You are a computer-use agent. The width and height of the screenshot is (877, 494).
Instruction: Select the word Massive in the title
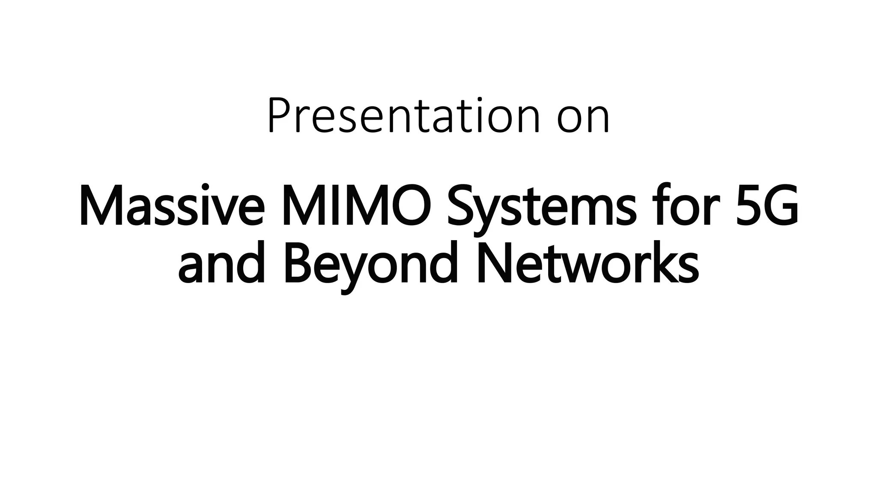tap(171, 206)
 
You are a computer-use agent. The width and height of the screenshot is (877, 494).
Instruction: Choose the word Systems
tap(539, 208)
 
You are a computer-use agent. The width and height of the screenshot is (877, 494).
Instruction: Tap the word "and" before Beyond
tap(221, 264)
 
